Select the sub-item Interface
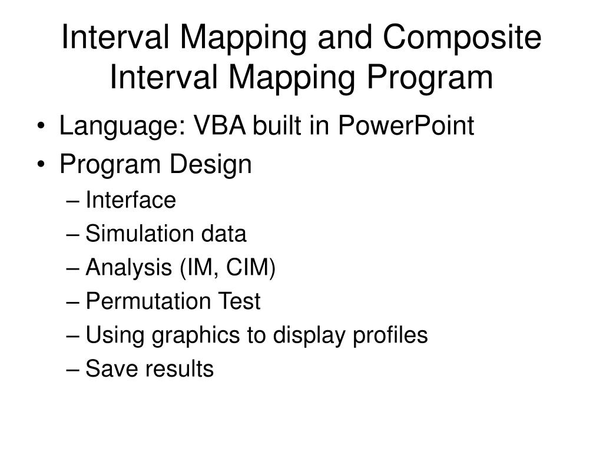pos(131,200)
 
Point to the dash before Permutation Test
pos(74,303)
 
